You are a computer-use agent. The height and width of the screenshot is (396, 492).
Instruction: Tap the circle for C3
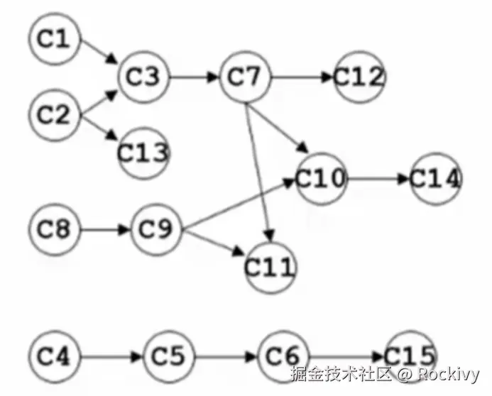(146, 77)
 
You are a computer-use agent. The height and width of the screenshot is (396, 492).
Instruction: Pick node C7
(246, 77)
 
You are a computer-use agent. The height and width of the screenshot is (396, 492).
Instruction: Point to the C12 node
(359, 77)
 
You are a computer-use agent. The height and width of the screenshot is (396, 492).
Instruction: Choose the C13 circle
(144, 151)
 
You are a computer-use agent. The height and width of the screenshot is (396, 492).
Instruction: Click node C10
(321, 178)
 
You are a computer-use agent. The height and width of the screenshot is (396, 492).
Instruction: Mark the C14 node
(434, 178)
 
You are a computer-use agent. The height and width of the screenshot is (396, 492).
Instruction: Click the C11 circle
(270, 267)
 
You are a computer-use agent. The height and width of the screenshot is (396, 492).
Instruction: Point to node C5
(169, 354)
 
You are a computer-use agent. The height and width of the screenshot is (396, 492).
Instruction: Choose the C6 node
(283, 354)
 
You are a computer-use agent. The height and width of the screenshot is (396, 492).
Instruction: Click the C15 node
(409, 354)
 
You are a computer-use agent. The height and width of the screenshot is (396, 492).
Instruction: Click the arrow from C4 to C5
(111, 354)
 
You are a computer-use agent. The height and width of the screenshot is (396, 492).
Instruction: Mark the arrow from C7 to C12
(302, 77)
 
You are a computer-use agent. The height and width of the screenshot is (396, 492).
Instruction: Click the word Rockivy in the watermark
(447, 374)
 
